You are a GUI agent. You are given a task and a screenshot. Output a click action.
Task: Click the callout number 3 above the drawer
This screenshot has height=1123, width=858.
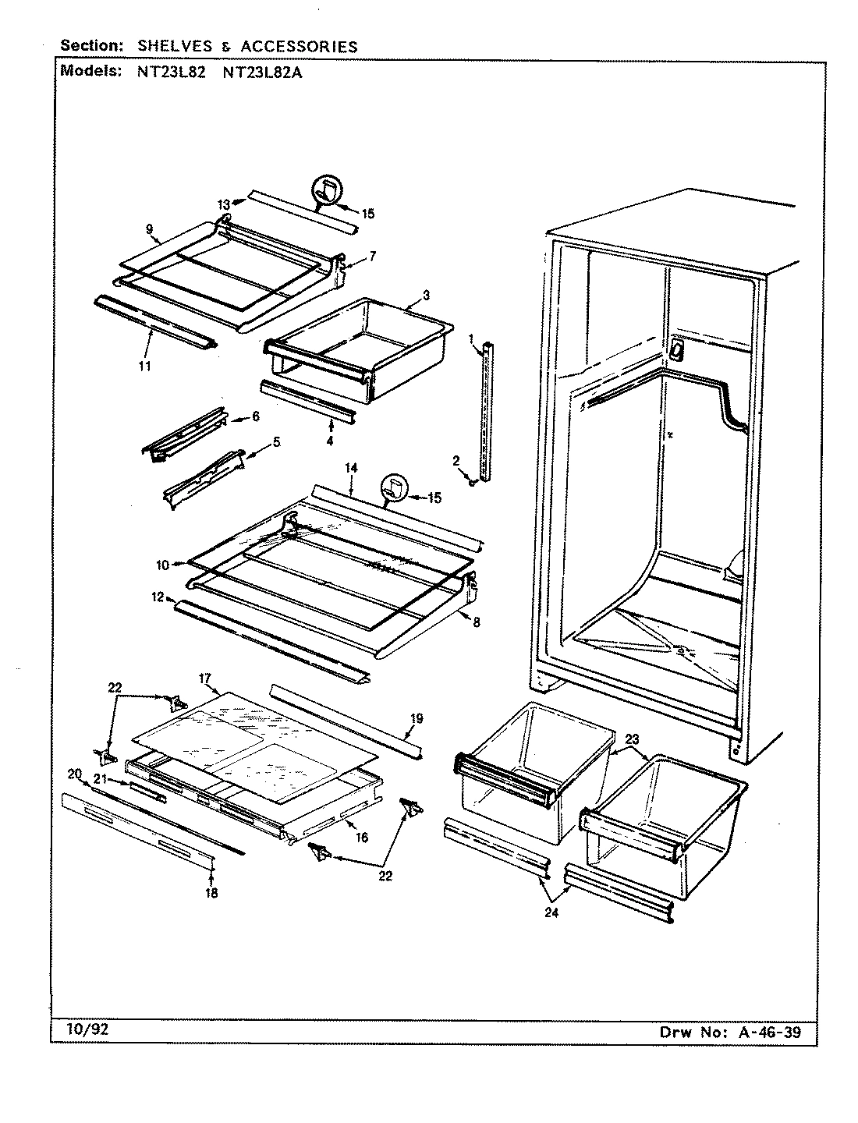pyautogui.click(x=426, y=296)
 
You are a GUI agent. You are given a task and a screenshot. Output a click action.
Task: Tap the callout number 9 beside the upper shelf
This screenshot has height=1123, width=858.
pyautogui.click(x=149, y=229)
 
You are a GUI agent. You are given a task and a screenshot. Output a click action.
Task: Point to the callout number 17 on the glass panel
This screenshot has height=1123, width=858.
pyautogui.click(x=205, y=679)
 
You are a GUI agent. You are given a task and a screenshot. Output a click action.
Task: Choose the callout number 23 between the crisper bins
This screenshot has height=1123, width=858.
pyautogui.click(x=632, y=738)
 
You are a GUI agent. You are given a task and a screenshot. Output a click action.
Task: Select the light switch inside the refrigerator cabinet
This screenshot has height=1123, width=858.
pyautogui.click(x=675, y=352)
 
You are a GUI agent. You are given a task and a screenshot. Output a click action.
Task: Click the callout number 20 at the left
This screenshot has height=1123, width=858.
pyautogui.click(x=74, y=774)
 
